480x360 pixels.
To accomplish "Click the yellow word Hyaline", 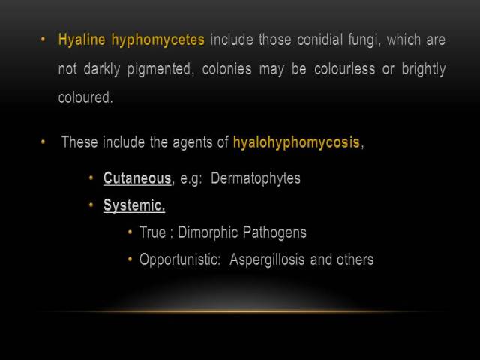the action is click(x=82, y=40).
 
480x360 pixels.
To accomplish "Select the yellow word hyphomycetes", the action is click(x=158, y=40).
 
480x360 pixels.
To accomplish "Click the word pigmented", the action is click(x=160, y=69).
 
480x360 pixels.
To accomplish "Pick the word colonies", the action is click(x=226, y=69).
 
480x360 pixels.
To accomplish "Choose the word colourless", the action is click(x=345, y=69).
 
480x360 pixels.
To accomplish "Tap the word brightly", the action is click(x=424, y=69).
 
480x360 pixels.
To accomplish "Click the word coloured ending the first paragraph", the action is click(x=85, y=97).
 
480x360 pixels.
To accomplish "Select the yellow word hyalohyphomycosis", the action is click(x=296, y=142).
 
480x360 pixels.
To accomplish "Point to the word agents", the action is click(x=193, y=143).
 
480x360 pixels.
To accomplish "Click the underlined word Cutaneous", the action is click(x=137, y=178).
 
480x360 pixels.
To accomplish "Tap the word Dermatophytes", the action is click(x=256, y=178).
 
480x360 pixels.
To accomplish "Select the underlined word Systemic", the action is click(x=134, y=205).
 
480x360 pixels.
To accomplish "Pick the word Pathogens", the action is click(x=274, y=232).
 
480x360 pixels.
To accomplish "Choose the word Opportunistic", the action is click(x=180, y=259).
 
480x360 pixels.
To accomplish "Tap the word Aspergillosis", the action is click(x=267, y=259).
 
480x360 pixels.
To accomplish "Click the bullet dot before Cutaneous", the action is click(x=91, y=178).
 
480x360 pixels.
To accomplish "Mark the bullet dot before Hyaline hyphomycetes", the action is click(x=43, y=40).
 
